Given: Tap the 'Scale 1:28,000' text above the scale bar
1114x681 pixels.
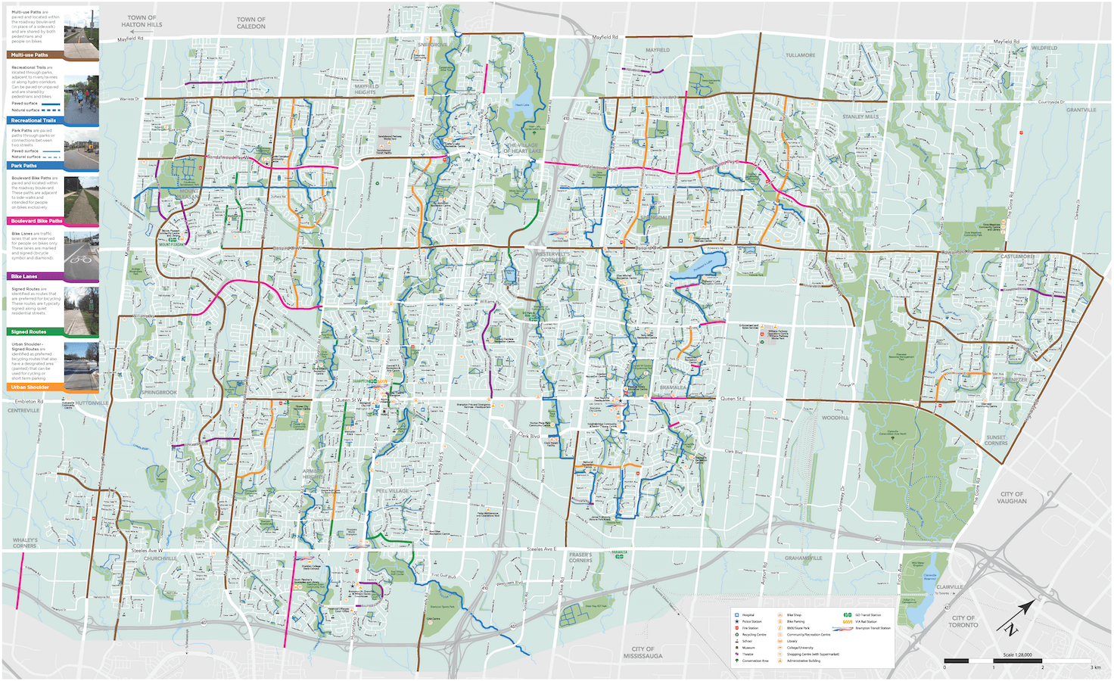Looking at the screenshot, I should point(1017,655).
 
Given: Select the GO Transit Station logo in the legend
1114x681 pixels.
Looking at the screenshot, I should point(848,615).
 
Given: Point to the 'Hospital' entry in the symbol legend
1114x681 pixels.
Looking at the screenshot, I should point(748,615).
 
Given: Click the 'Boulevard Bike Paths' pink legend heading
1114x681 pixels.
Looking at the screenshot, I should point(36,221).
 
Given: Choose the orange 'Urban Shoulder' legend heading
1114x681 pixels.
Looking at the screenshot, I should point(30,387).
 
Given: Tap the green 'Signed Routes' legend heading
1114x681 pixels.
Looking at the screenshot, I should point(28,332).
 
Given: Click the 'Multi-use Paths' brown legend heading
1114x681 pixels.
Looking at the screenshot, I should point(30,55).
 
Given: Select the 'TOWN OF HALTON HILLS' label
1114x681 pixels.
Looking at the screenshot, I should point(142,21).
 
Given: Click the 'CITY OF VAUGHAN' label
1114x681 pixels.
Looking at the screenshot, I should point(1012,498).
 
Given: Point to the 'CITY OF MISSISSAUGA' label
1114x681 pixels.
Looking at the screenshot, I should point(643,652).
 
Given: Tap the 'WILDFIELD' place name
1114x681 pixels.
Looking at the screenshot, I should point(1044,48).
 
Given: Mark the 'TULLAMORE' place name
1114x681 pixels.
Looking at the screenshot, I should point(800,55).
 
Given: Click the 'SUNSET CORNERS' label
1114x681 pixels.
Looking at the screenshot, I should point(996,440).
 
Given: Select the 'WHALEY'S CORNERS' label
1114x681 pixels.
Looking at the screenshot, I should point(24,543).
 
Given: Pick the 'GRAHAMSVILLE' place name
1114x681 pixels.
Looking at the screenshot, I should point(803,558).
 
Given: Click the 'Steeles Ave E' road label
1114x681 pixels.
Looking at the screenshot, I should point(542,549).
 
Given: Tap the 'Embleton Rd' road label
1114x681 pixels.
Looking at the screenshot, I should point(29,402).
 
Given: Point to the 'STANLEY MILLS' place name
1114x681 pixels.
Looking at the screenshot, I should point(860,117).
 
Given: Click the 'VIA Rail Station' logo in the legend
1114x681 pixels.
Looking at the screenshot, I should point(848,622).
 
